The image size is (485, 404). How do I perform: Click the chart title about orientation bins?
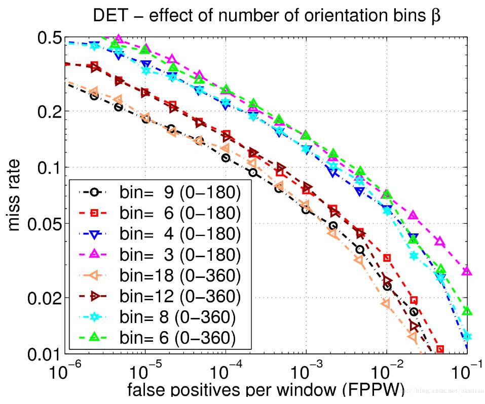(x=267, y=16)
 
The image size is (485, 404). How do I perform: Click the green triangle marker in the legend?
(x=93, y=336)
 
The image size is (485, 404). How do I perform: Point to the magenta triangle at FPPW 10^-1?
(x=467, y=272)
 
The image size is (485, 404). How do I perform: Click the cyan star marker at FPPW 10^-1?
(x=467, y=336)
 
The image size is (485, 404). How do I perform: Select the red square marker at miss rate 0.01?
(x=440, y=349)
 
